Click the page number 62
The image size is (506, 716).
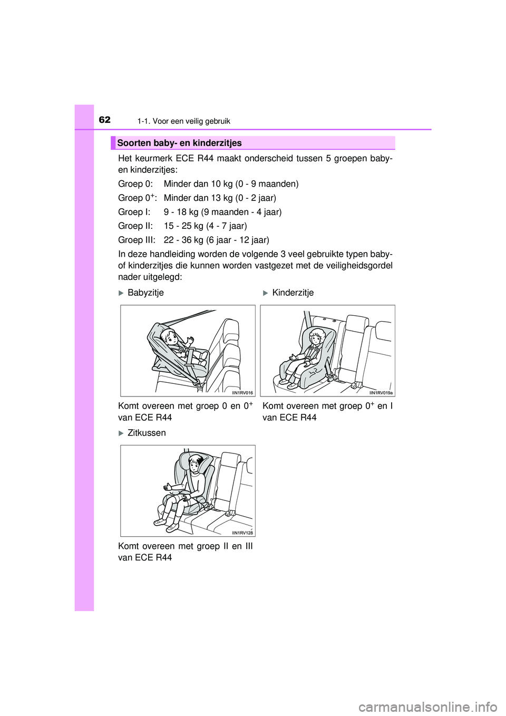[x=105, y=120]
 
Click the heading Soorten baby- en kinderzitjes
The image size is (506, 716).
[x=179, y=143]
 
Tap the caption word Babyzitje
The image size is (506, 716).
[x=145, y=293]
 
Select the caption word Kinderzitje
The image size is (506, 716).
[x=293, y=293]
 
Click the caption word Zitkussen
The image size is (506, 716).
[x=147, y=433]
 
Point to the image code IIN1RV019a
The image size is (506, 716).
[x=381, y=392]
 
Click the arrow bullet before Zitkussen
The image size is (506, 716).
[x=121, y=433]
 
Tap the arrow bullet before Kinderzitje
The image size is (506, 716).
[x=265, y=293]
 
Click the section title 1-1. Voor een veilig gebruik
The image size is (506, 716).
[x=183, y=121]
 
